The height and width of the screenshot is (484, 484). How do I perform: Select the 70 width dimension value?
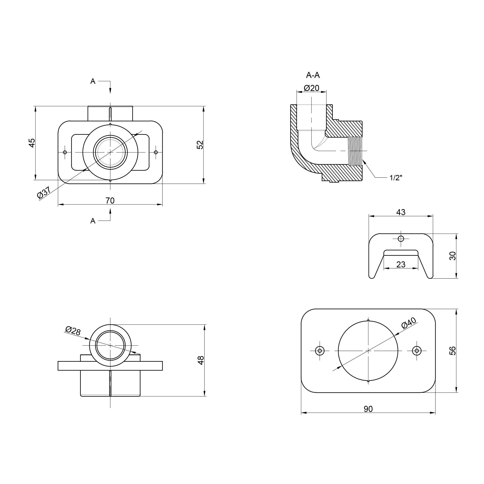tap(110, 200)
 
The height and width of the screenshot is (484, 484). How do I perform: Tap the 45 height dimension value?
tap(32, 143)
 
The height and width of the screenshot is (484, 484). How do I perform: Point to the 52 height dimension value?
tap(200, 145)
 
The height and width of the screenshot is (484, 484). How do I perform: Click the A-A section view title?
tap(313, 75)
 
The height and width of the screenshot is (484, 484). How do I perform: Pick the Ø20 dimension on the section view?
tap(311, 88)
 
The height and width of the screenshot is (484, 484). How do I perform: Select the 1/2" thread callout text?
tap(396, 178)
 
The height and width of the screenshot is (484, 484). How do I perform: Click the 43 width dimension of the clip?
tap(401, 212)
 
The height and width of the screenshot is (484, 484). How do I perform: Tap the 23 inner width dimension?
tap(401, 264)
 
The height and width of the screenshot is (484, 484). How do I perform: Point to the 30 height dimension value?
tap(453, 256)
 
